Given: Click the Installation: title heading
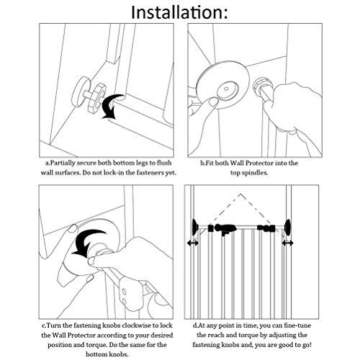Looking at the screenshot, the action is (x=179, y=12).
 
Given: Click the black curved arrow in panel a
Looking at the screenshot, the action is (x=112, y=106).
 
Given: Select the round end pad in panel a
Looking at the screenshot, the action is (x=81, y=91).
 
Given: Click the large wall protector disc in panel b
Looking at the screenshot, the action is (x=222, y=85).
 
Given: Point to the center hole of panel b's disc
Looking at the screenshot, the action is (x=225, y=89).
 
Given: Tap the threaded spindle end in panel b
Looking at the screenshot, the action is (x=262, y=86).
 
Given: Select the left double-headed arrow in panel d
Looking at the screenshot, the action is (x=193, y=243).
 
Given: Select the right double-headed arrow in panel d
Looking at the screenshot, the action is (x=287, y=243).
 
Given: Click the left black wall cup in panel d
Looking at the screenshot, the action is (x=195, y=227).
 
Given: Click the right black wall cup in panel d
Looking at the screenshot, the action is (x=287, y=227).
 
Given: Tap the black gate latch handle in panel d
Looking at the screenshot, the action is (x=224, y=229).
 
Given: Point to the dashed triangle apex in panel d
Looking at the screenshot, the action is (x=240, y=194).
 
